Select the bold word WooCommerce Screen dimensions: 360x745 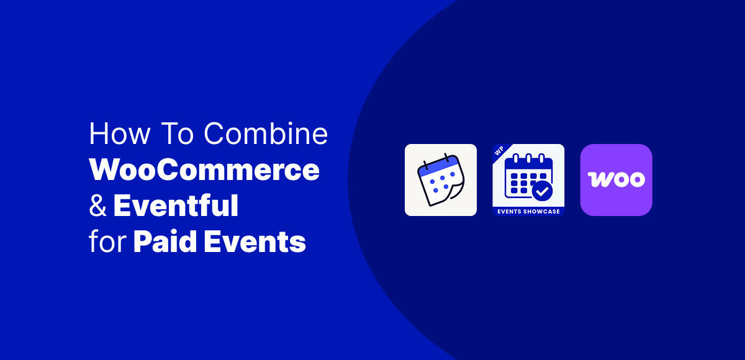click(x=204, y=170)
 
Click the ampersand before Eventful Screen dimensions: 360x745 click(x=97, y=206)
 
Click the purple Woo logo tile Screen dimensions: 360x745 click(x=616, y=180)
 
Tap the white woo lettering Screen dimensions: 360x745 click(x=616, y=180)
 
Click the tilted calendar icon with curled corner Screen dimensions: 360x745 click(x=441, y=180)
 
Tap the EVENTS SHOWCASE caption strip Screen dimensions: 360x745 click(x=528, y=212)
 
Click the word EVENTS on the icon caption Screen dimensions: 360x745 click(x=510, y=212)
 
